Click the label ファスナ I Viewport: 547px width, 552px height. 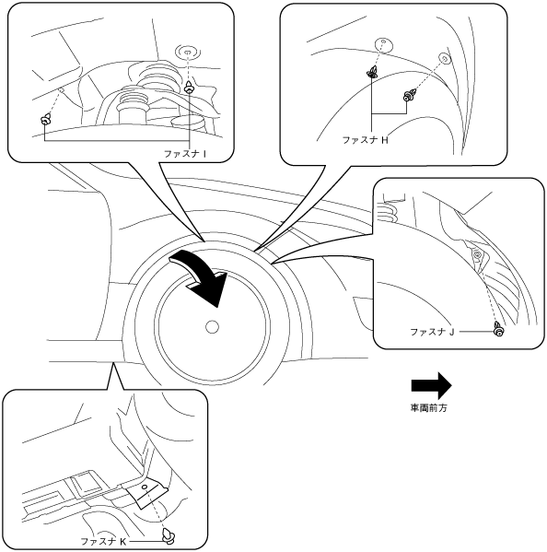coord(185,154)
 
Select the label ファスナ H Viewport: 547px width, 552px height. coord(366,140)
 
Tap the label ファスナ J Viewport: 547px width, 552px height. coord(432,332)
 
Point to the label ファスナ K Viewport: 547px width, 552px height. coord(103,541)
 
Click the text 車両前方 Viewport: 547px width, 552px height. coord(429,407)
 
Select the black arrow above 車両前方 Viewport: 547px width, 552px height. coord(431,386)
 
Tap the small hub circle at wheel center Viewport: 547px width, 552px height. coord(212,327)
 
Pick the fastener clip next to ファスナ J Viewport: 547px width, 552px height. coord(498,328)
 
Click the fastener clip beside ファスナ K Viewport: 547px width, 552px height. coord(169,535)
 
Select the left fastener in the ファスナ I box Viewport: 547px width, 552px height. coord(45,119)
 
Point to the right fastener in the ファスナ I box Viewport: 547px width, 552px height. coord(190,87)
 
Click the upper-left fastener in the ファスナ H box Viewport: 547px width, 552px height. coord(372,72)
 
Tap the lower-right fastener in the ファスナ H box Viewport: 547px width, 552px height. coord(410,94)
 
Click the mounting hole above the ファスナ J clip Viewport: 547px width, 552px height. coord(477,254)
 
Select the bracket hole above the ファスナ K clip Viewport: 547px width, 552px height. coord(145,487)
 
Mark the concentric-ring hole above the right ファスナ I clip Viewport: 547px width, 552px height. coord(188,53)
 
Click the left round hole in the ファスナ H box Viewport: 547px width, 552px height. coord(383,44)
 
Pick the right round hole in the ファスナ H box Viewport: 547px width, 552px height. coord(444,58)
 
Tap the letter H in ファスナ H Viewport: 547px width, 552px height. coord(385,140)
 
